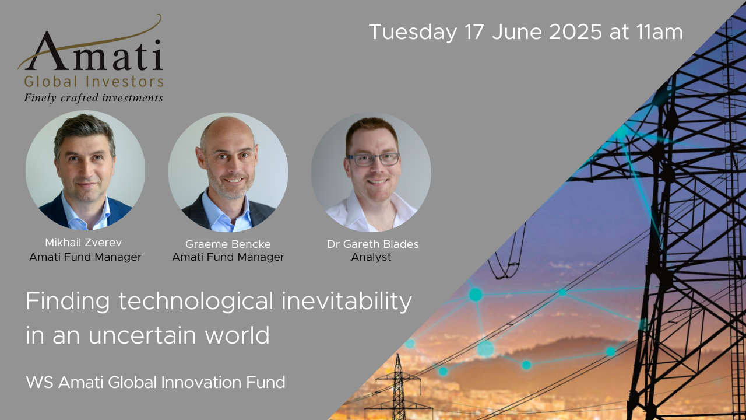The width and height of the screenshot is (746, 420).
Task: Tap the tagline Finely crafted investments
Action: coord(93,98)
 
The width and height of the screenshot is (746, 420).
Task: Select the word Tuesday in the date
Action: coord(413,32)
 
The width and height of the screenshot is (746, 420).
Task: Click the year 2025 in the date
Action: coord(575,32)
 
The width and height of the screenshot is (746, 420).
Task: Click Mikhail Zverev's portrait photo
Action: coord(85,170)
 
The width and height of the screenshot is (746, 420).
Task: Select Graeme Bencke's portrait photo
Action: coord(228,172)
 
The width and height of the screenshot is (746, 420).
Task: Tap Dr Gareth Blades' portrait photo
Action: coord(371,172)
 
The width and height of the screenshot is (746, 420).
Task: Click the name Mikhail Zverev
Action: coord(83,242)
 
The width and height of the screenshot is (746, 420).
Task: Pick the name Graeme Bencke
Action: coord(228,244)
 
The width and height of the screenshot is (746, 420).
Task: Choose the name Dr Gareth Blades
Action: coord(372,244)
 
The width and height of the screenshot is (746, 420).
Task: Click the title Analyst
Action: coord(371,257)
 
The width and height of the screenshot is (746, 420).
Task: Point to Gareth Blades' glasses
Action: coord(373,159)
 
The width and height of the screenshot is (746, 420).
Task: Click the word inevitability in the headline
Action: coord(347,302)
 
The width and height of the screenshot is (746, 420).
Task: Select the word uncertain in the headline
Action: coord(142,335)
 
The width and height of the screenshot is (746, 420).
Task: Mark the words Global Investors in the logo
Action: coord(94,81)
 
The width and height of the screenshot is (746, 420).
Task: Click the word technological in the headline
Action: coord(196,302)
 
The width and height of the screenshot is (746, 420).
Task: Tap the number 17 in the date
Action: coord(474,32)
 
